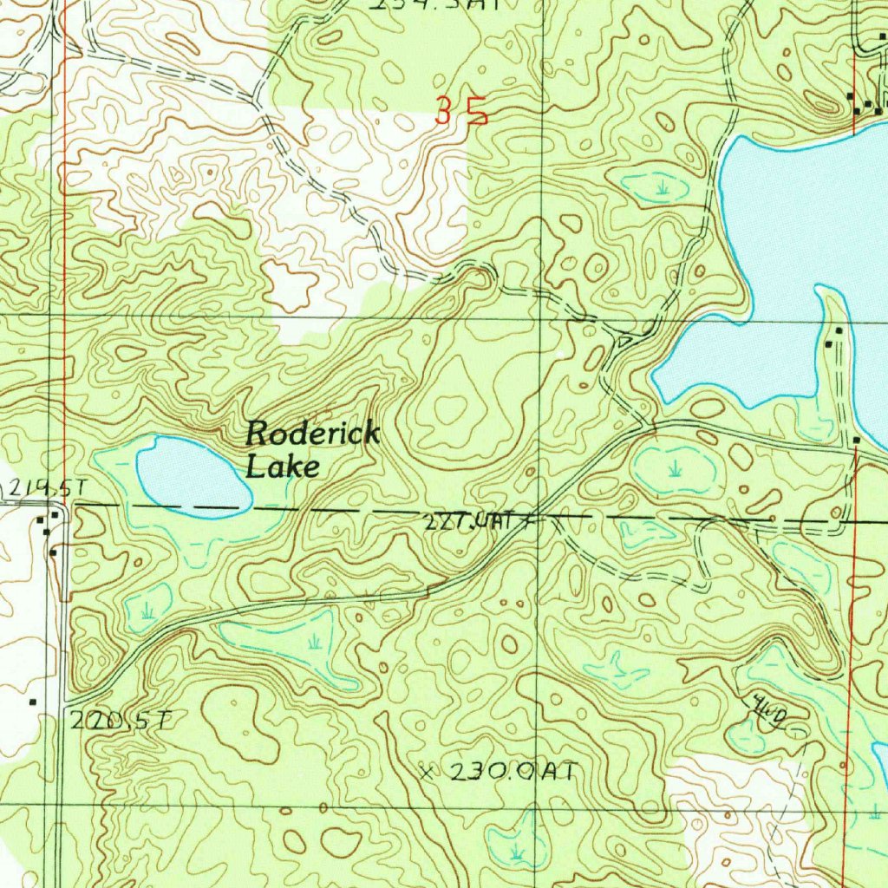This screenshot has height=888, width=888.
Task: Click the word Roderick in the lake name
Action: click(x=313, y=434)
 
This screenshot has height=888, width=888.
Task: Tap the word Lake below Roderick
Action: click(x=283, y=467)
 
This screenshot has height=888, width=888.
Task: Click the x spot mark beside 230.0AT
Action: click(x=425, y=771)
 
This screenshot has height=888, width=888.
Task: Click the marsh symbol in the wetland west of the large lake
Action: click(x=663, y=186)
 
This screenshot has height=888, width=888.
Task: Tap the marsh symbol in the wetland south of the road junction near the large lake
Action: click(x=675, y=469)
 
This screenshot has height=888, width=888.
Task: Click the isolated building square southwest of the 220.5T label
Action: click(x=33, y=700)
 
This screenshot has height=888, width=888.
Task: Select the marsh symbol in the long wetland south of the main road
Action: click(x=315, y=641)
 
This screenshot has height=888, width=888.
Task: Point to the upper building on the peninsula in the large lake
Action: click(x=839, y=332)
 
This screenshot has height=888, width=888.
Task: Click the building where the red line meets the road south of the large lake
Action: click(x=856, y=441)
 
